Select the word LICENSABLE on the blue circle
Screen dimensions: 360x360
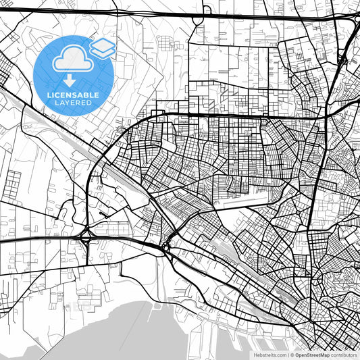coord(73,95)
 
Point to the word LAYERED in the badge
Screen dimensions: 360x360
coord(73,104)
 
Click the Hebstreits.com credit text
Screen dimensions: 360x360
coord(269,355)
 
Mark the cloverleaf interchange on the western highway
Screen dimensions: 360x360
coord(86,238)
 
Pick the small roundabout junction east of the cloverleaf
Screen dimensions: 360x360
coord(166,248)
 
